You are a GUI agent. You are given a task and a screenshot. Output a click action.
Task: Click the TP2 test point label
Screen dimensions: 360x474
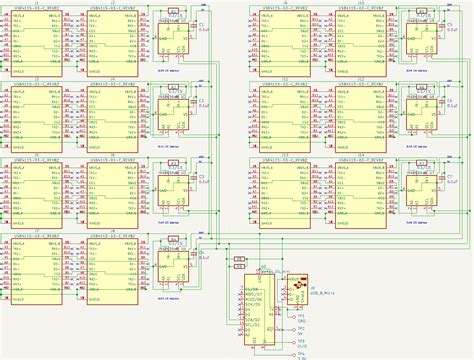click(301, 327)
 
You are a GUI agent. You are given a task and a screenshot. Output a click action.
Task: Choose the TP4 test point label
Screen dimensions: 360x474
click(301, 352)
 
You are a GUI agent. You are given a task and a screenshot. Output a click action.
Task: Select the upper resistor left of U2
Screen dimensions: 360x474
click(239, 259)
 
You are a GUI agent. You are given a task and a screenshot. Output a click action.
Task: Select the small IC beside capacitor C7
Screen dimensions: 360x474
click(425, 193)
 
